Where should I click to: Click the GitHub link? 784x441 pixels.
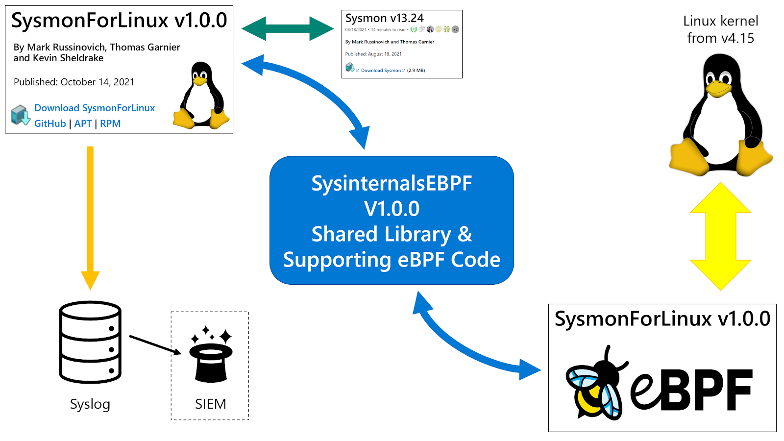50,123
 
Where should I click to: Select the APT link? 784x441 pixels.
83,123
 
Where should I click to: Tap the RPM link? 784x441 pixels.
110,123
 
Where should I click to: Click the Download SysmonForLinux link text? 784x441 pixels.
95,108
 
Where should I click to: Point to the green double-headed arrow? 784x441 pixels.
288,28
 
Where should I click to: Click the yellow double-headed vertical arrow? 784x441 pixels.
720,237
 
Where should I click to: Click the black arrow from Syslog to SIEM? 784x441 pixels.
155,344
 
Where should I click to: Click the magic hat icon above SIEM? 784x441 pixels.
211,355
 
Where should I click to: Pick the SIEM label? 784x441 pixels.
210,404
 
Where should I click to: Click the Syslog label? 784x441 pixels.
90,404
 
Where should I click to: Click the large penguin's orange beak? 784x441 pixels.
717,89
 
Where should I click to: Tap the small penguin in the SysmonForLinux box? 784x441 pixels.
201,96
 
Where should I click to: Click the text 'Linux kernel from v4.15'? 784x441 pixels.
720,29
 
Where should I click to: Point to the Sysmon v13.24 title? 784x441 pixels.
384,18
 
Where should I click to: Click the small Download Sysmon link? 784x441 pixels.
381,71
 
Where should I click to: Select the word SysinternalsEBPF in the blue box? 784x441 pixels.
392,183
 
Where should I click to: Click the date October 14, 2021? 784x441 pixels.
97,82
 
